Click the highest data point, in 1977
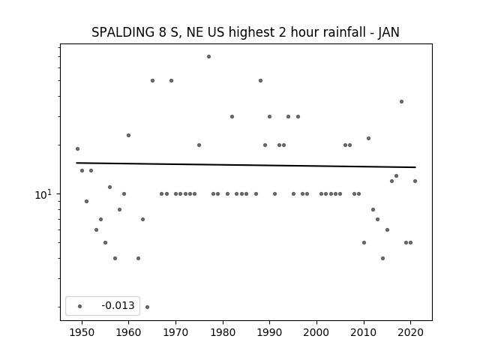tap(208, 57)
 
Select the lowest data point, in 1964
tap(147, 307)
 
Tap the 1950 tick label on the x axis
tap(82, 332)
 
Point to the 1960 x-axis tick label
tap(128, 332)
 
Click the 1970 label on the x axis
tap(175, 332)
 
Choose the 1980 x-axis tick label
tap(223, 332)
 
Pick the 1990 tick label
tap(270, 332)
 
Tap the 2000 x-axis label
tap(316, 332)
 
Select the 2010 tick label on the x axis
tap(364, 332)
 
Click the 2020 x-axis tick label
tap(410, 332)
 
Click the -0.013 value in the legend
tap(118, 305)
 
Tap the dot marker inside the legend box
tap(79, 306)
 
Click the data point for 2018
tap(402, 102)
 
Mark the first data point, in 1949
tap(77, 148)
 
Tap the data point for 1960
tap(128, 135)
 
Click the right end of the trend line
tap(415, 167)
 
